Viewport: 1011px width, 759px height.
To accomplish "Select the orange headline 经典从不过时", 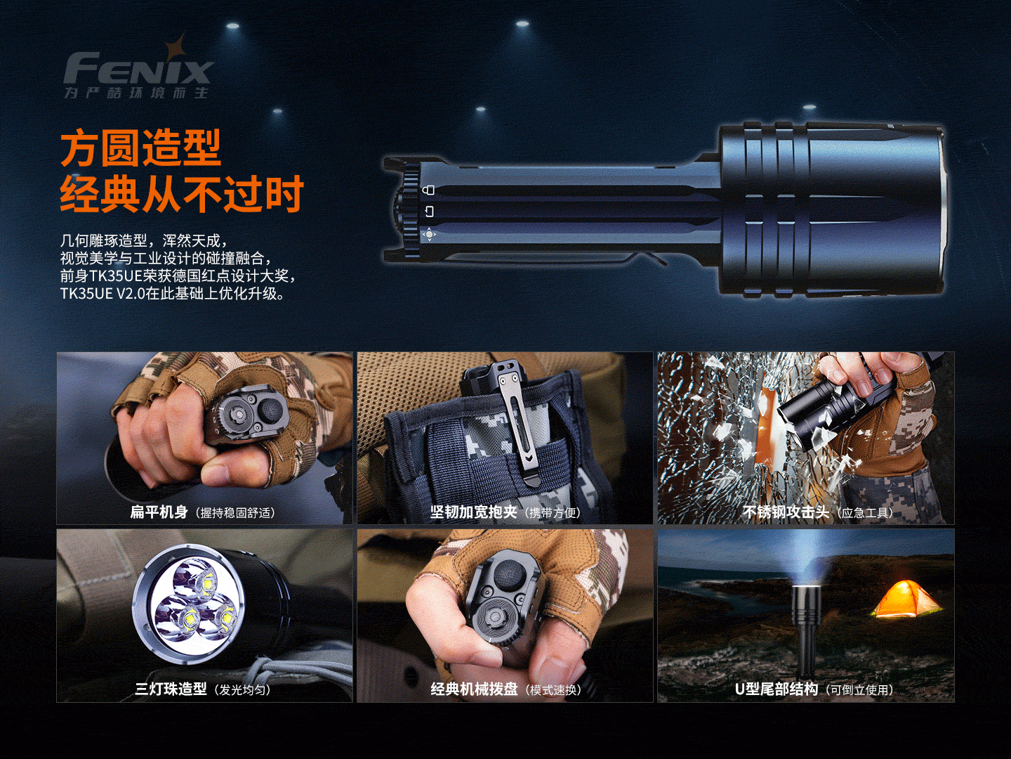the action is click(182, 194).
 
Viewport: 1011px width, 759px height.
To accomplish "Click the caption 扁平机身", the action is click(159, 512).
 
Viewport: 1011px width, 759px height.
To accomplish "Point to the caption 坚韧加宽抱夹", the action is click(473, 512).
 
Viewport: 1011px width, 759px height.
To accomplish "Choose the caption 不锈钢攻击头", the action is click(786, 512).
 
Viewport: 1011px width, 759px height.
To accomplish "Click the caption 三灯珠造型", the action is click(171, 689).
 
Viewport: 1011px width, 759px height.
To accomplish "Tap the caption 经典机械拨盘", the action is click(474, 689).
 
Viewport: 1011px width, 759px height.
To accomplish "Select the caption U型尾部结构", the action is click(776, 689).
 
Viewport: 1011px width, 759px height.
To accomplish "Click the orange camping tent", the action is click(904, 599).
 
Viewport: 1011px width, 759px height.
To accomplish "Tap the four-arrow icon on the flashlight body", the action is click(429, 235).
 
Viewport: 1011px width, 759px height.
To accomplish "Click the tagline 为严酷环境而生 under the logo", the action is click(136, 93).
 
